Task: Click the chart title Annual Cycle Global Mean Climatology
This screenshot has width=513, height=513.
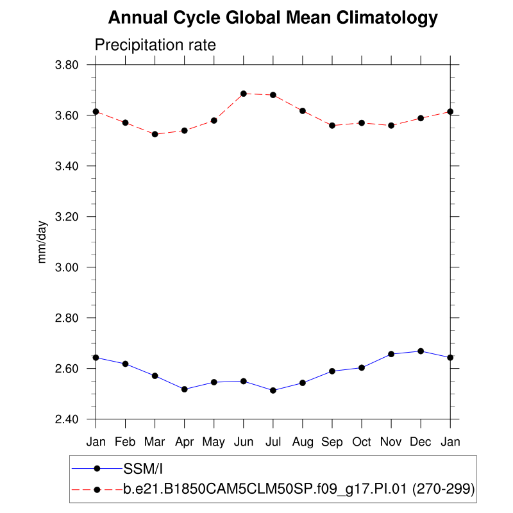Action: [273, 18]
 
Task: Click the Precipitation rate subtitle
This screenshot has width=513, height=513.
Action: [155, 46]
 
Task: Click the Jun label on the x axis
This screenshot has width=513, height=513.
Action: [244, 442]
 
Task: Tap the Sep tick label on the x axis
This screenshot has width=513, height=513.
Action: [332, 442]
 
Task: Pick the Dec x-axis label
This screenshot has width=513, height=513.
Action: [421, 442]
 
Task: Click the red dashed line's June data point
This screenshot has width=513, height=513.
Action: [244, 94]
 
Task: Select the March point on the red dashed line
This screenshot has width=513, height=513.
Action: [155, 134]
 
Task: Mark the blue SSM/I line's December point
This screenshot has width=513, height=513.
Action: [421, 351]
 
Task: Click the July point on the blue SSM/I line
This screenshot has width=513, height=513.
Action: [273, 391]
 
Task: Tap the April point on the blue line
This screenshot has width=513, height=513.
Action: [185, 389]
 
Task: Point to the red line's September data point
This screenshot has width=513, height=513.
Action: [332, 126]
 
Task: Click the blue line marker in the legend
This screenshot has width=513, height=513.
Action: [97, 468]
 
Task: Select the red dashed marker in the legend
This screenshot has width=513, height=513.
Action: [97, 489]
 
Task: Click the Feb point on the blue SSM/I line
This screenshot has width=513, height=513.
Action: [125, 364]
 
